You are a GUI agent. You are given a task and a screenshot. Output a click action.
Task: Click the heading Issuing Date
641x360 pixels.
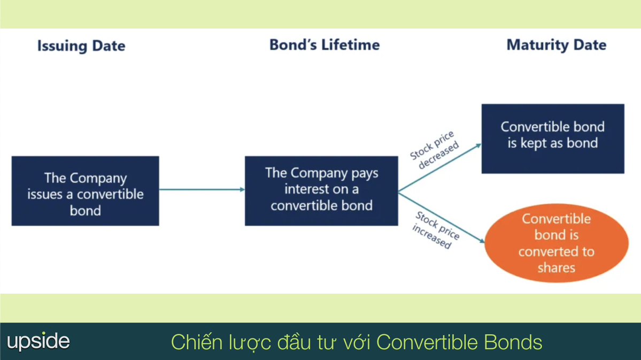pyautogui.click(x=81, y=46)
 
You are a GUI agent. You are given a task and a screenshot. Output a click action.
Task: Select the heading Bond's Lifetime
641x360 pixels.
pyautogui.click(x=325, y=45)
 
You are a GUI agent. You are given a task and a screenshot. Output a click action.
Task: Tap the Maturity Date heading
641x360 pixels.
pyautogui.click(x=556, y=45)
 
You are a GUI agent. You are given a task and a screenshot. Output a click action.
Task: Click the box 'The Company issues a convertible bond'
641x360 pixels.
pyautogui.click(x=85, y=191)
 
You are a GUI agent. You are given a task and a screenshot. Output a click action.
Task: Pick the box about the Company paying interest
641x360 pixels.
pyautogui.click(x=321, y=190)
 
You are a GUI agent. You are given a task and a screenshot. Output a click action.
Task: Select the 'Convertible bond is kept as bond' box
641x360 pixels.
pyautogui.click(x=553, y=139)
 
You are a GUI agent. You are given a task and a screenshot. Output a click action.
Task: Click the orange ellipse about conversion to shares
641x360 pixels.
pyautogui.click(x=556, y=243)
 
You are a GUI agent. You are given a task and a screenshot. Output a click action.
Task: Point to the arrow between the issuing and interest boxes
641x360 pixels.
pyautogui.click(x=202, y=189)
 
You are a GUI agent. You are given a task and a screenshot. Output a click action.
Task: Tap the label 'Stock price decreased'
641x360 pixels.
pyautogui.click(x=435, y=150)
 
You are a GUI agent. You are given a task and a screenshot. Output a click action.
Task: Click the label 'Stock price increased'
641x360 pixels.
pyautogui.click(x=435, y=231)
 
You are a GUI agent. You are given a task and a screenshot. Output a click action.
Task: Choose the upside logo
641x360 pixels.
pyautogui.click(x=38, y=341)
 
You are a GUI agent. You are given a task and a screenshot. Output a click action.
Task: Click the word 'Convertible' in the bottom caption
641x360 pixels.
pyautogui.click(x=427, y=342)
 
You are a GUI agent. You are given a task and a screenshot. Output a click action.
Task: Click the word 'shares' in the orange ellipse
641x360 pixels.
pyautogui.click(x=556, y=267)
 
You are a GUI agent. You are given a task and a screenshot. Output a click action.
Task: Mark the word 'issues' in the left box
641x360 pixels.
pyautogui.click(x=45, y=194)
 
